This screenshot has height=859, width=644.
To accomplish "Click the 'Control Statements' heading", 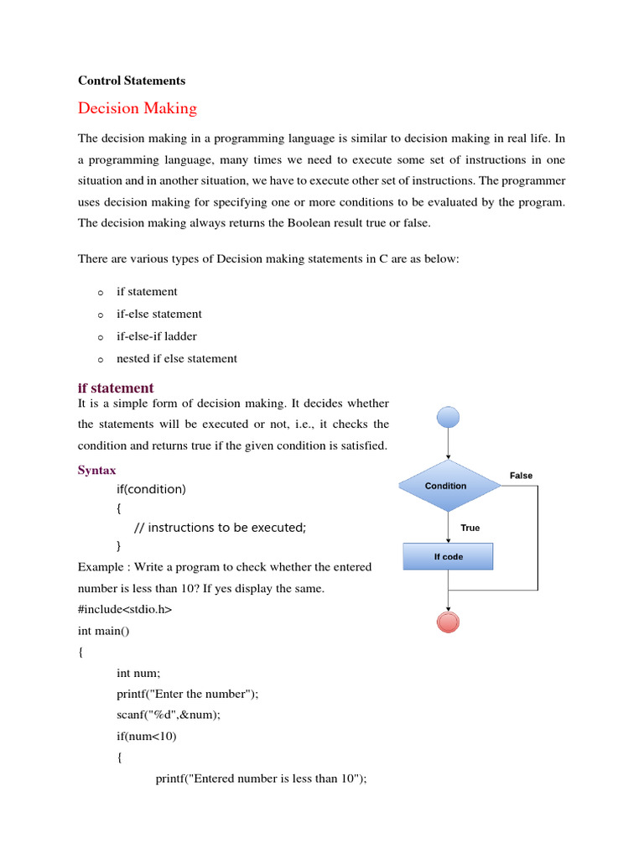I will [132, 81].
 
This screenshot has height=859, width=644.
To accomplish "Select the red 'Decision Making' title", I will [138, 108].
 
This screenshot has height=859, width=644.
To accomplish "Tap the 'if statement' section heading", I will [116, 388].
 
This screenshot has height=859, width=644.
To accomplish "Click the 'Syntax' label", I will [97, 471].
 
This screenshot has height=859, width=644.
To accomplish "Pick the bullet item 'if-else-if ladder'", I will [157, 336].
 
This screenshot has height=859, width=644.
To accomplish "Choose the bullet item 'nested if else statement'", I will [176, 358].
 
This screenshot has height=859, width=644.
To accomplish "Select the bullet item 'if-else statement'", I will [158, 314].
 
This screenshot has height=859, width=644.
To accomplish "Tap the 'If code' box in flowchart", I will [449, 556].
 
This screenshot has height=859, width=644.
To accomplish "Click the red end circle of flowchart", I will [449, 622].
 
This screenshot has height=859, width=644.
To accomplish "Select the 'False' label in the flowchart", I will [521, 476].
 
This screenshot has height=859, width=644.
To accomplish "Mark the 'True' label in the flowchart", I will [470, 528].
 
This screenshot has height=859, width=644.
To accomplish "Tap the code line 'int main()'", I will [106, 630].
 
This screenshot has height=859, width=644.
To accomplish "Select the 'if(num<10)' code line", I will [147, 736].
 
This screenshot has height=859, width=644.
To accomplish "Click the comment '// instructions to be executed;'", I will [221, 528].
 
